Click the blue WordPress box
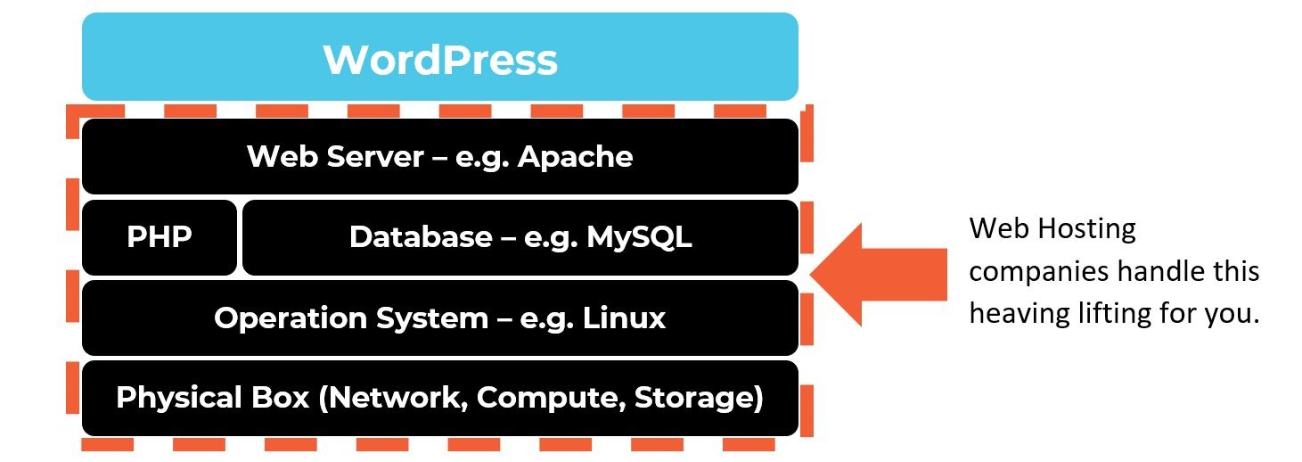pyautogui.click(x=439, y=57)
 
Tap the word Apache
pyautogui.click(x=575, y=157)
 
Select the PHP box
pyautogui.click(x=160, y=237)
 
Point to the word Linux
pyautogui.click(x=624, y=318)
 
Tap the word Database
pyautogui.click(x=420, y=237)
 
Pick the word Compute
pyautogui.click(x=549, y=398)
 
